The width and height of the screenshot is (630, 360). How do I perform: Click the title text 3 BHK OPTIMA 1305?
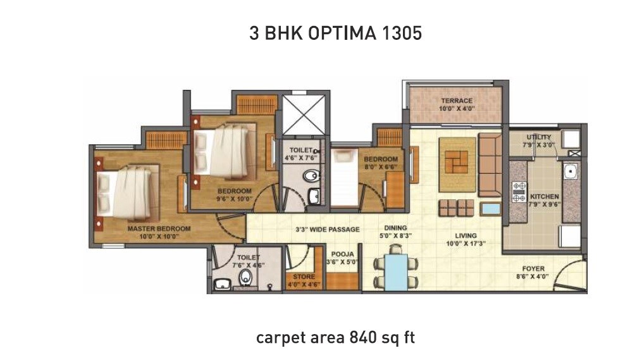pos(335,34)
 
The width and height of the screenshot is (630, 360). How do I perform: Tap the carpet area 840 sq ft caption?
pos(335,338)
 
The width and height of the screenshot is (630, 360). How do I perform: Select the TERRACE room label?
pos(457,101)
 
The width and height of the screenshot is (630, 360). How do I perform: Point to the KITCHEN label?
pos(544,197)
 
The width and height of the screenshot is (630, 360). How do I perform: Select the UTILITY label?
pos(539,137)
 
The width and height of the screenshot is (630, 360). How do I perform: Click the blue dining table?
pos(395,272)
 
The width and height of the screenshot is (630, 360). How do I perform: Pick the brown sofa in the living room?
pos(490,164)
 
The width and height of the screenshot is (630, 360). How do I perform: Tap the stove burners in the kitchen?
pos(519,192)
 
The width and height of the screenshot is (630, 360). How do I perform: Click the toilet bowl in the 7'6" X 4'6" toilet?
pos(245,278)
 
